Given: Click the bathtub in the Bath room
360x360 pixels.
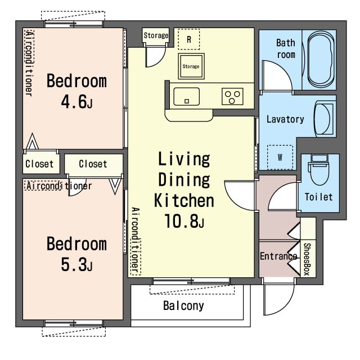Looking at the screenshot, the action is [x=321, y=60].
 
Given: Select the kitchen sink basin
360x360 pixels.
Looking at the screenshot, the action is [x=186, y=96].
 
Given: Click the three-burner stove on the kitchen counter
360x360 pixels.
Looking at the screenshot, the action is [x=232, y=96].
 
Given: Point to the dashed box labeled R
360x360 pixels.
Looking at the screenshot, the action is [x=189, y=39].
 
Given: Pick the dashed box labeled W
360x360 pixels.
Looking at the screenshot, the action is [x=280, y=157].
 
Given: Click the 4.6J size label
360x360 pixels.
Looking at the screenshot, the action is [x=77, y=102].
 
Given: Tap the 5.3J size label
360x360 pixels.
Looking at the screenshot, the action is [x=77, y=264].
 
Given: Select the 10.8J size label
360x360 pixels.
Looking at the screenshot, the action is [x=184, y=221].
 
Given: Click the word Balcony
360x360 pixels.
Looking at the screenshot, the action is [x=183, y=306].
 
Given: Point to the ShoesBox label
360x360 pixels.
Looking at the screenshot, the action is [x=307, y=259].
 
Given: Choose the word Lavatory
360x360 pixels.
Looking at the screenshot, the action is [x=285, y=119].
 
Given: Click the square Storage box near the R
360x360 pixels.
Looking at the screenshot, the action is [x=191, y=66].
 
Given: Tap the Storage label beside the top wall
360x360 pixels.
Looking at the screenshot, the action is [x=156, y=35].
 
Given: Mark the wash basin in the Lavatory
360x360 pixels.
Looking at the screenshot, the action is [x=324, y=119].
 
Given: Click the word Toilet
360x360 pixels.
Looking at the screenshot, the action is [x=319, y=197].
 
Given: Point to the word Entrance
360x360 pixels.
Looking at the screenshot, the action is [x=278, y=256].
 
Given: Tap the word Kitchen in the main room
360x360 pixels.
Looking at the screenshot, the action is [x=184, y=200].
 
